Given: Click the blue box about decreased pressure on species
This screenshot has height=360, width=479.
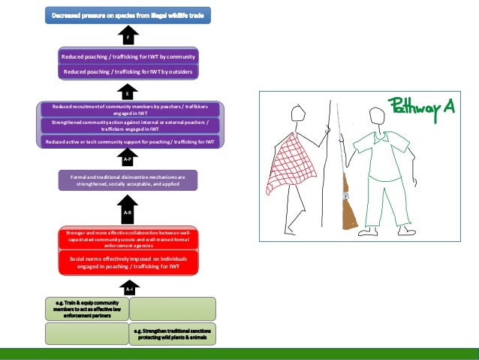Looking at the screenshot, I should point(128,14).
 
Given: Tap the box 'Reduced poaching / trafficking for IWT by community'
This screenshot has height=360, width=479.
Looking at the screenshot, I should point(128,56).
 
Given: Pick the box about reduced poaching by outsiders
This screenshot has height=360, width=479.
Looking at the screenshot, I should point(128,71).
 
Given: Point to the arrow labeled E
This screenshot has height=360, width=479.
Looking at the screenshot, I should point(128,92).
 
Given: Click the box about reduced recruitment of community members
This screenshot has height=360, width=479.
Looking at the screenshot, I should point(129,109).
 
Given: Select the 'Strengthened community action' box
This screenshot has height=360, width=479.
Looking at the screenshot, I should point(129,125).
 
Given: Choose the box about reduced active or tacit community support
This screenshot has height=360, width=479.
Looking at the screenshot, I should point(129,141).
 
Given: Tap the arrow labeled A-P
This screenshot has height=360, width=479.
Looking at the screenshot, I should point(128,159).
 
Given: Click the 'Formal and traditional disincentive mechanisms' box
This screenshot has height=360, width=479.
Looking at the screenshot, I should point(128,180).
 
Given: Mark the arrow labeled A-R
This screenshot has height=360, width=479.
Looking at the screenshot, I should point(128,211).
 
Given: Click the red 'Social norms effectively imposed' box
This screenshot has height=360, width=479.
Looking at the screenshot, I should point(128,262).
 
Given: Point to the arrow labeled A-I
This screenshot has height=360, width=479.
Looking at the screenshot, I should point(129,288).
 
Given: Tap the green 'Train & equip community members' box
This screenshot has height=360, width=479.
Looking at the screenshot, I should point(86,309).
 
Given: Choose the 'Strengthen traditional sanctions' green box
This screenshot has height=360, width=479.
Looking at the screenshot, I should point(173,333).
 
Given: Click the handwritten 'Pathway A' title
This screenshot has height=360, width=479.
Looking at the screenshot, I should point(421,107).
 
